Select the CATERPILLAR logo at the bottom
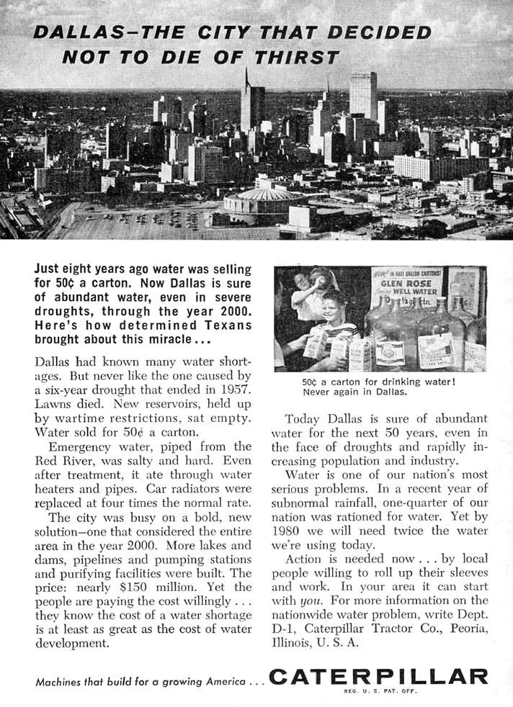378,677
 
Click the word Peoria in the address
468,628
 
